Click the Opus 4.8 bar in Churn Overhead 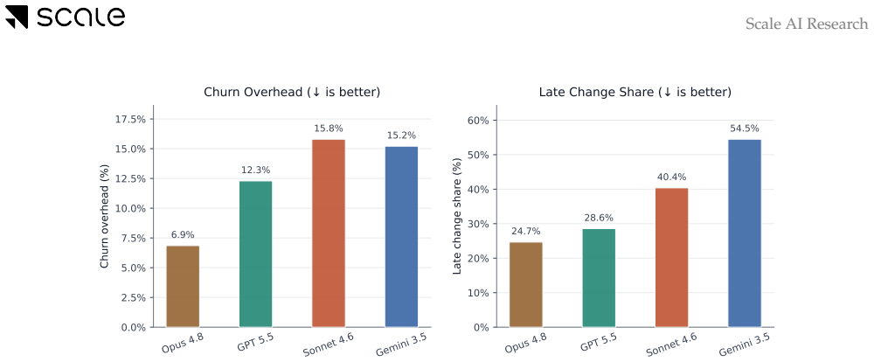point(183,287)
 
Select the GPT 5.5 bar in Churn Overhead point(256,254)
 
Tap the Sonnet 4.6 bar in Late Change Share point(671,258)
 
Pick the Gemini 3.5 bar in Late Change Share point(745,233)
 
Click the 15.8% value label point(329,129)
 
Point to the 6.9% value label point(183,235)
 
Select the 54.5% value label point(745,129)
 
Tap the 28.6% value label point(599,218)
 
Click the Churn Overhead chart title point(292,92)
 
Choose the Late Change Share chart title point(635,92)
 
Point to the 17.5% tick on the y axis point(130,120)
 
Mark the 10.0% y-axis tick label point(130,209)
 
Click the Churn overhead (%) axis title point(104,216)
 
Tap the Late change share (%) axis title point(457,216)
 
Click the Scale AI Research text point(807,24)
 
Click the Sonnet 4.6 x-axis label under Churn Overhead point(329,345)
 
